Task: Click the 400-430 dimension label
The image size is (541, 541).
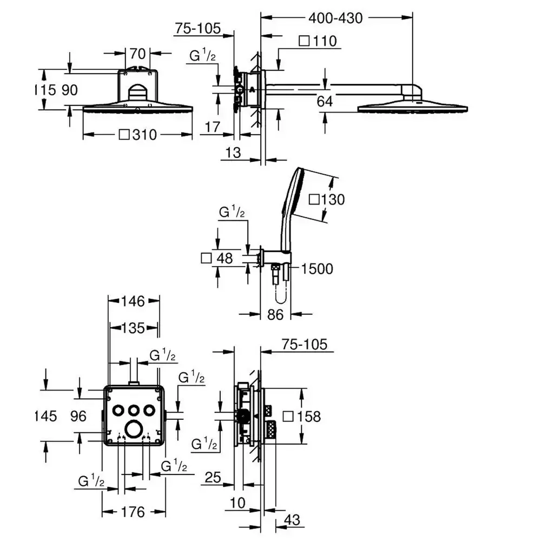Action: point(335,18)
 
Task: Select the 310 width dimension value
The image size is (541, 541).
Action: point(137,135)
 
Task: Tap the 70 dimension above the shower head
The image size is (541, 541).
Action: point(137,54)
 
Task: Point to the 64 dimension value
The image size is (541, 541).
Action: point(325,102)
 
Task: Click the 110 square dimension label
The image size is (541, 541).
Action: point(318,41)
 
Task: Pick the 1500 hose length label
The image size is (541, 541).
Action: point(317,269)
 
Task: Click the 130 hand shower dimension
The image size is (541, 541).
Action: point(327,200)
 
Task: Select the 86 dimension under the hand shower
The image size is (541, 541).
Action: point(275,314)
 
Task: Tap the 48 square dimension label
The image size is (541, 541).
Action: point(217,258)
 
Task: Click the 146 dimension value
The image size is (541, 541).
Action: point(133,301)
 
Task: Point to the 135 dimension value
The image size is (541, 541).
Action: point(133,328)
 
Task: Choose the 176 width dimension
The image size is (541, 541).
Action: point(133,512)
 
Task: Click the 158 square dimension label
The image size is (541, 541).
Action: point(302,417)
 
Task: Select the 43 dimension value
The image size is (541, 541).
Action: point(292,519)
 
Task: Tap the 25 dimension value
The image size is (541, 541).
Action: point(213,478)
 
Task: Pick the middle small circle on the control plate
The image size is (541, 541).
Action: point(134,411)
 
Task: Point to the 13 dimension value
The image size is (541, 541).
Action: point(233,152)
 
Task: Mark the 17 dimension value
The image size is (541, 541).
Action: point(212,127)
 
